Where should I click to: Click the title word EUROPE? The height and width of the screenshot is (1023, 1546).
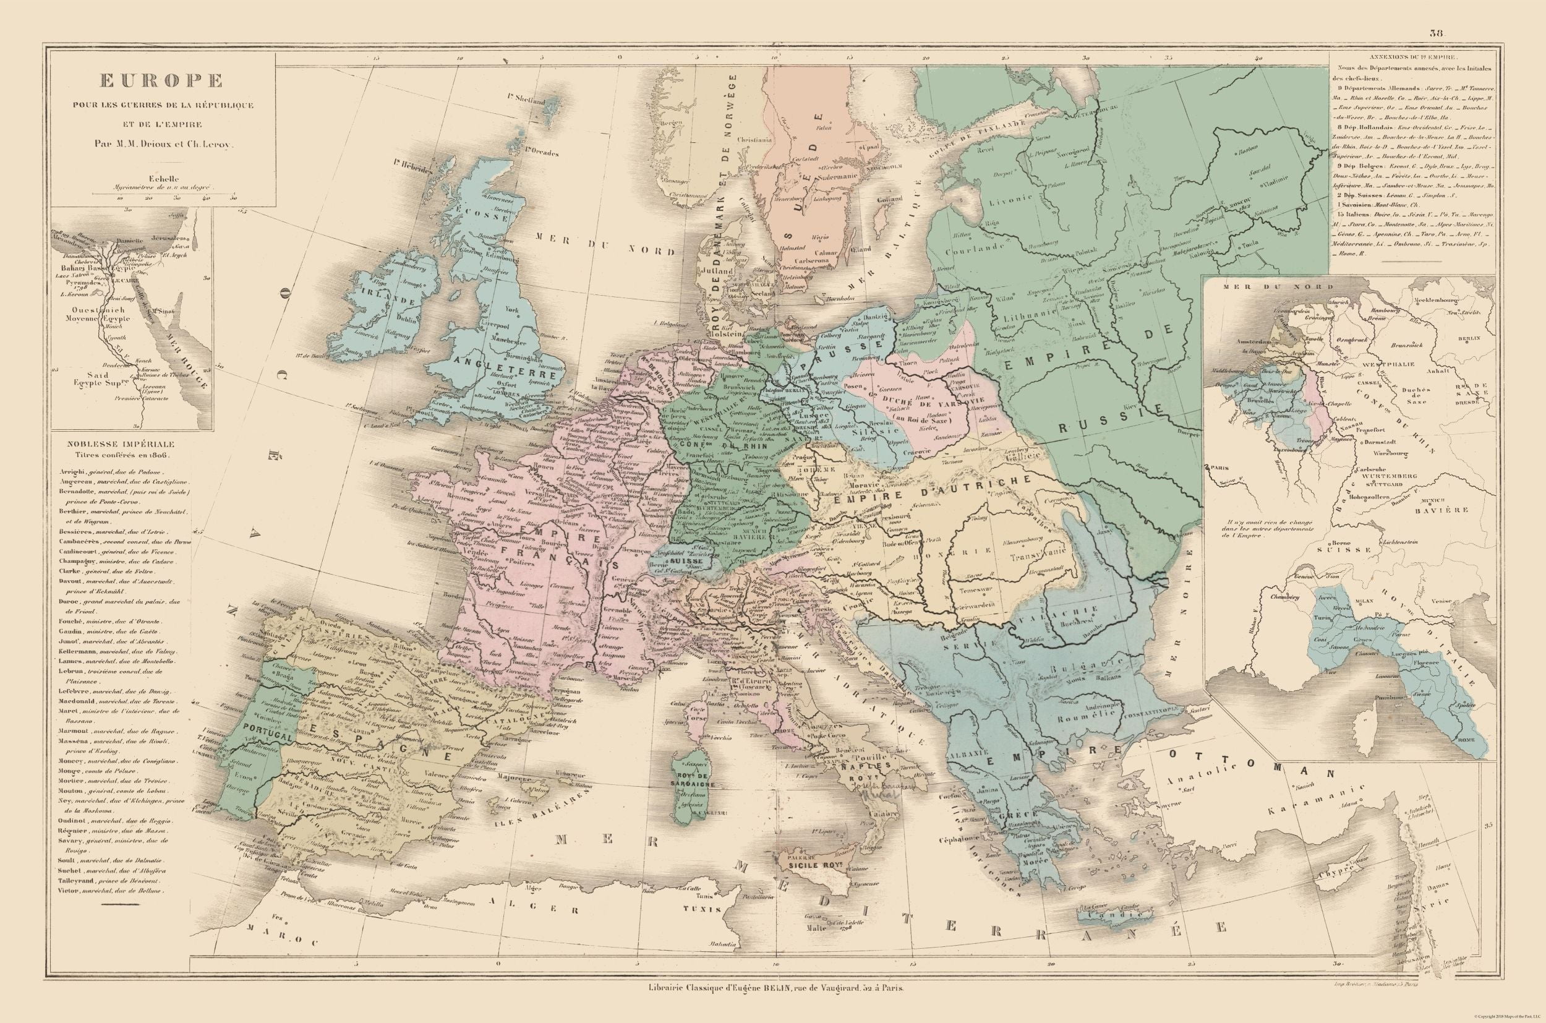[160, 80]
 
